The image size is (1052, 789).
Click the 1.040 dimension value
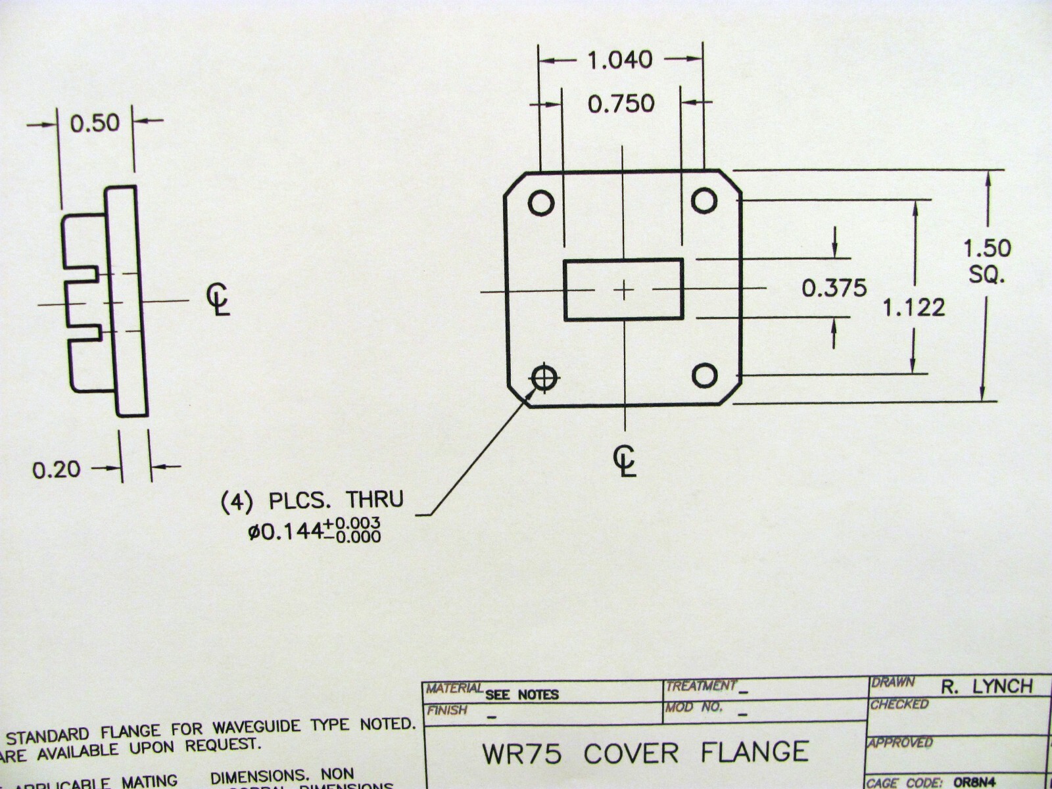(619, 60)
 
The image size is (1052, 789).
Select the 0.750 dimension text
(621, 103)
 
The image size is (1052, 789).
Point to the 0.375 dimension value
(834, 288)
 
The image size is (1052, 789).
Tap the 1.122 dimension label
(913, 307)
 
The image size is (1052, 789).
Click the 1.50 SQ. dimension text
(986, 260)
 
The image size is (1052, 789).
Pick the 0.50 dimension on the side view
(95, 123)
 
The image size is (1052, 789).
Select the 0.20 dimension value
(57, 469)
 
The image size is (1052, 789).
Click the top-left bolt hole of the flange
(541, 203)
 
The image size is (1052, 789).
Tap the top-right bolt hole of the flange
(704, 199)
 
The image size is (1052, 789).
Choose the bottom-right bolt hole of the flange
(705, 375)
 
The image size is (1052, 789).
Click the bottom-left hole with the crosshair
(544, 377)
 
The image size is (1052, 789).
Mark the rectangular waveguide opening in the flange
(623, 289)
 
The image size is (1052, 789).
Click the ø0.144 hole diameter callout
(314, 530)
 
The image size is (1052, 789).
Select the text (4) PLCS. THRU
(311, 500)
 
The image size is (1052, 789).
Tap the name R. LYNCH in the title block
(986, 686)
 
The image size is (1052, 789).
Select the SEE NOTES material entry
(521, 694)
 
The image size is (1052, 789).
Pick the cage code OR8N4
(975, 782)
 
